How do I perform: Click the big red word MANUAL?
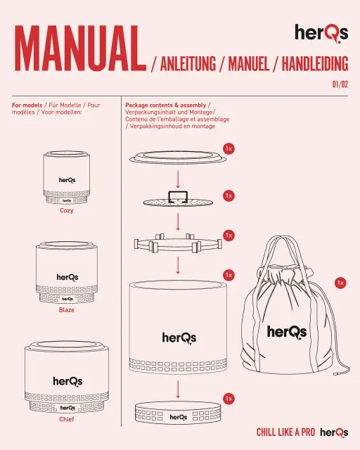point(80,49)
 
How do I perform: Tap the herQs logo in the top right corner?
point(321,33)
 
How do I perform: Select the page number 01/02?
point(340,84)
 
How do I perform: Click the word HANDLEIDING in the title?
point(315,64)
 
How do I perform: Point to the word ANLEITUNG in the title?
point(188,64)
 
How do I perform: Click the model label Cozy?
point(67,211)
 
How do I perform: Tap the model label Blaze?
point(67,310)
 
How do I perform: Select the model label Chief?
point(67,419)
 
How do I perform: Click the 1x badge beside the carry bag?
point(340,283)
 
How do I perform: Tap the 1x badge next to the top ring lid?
point(229,148)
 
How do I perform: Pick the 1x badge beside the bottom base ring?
point(229,399)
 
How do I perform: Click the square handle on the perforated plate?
point(178,197)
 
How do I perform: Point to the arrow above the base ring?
point(178,389)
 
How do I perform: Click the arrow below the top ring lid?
point(178,179)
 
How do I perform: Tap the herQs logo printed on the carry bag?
point(287,333)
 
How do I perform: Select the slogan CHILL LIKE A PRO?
point(285,432)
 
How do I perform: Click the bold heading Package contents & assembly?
point(166,105)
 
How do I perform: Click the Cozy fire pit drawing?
point(67,178)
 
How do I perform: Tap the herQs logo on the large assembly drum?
point(179,338)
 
